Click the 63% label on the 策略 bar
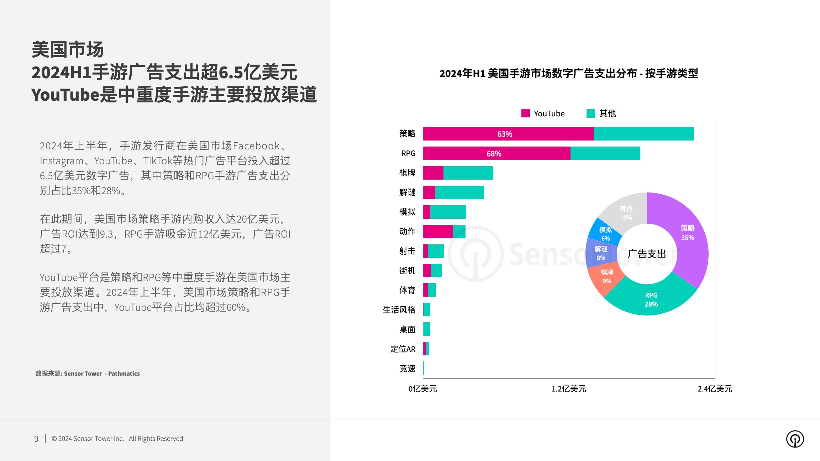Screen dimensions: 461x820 (504, 134)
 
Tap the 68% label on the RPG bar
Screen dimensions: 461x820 (494, 154)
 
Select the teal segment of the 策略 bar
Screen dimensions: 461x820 (643, 134)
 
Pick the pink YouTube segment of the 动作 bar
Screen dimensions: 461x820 (438, 232)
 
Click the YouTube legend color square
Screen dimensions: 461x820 (525, 113)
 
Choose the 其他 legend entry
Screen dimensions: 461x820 (601, 113)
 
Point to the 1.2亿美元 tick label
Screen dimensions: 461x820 (569, 389)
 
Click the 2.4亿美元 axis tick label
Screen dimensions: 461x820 (715, 389)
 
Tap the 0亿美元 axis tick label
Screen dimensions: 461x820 (422, 389)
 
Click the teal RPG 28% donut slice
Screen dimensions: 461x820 (651, 300)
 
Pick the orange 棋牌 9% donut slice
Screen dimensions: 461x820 (606, 277)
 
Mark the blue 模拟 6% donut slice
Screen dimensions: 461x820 (605, 233)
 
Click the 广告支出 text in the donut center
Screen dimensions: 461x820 (647, 254)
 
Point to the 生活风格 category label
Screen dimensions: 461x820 (399, 310)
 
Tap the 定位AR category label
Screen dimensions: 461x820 (403, 349)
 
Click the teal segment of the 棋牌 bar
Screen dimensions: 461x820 (468, 173)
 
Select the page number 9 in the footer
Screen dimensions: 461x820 (36, 439)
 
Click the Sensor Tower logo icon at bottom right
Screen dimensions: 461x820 (795, 439)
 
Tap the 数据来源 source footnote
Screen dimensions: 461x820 (87, 373)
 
